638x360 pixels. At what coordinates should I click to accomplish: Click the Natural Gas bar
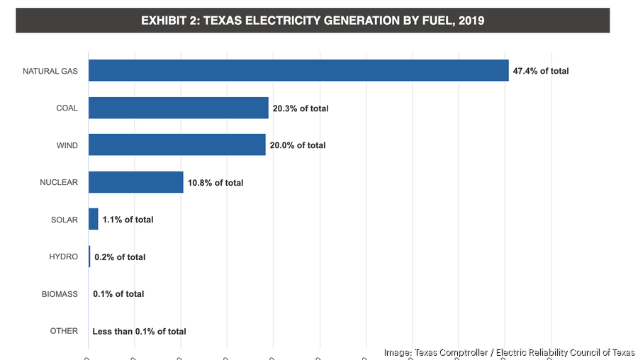(298, 71)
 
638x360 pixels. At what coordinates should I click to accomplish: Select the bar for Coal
(178, 108)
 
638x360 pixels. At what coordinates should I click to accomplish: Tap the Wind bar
(177, 145)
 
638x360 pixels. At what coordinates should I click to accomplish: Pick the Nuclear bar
(135, 183)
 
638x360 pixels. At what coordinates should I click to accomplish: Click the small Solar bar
(93, 220)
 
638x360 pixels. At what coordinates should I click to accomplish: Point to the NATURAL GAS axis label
(50, 71)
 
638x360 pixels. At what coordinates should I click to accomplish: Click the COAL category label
(67, 108)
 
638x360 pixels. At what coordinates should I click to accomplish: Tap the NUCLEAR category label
(58, 183)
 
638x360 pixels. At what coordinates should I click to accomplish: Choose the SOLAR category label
(64, 220)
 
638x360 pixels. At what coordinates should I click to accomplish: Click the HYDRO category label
(63, 257)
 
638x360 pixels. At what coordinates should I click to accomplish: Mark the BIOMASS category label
(60, 294)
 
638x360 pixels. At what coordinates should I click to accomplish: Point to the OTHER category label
(64, 331)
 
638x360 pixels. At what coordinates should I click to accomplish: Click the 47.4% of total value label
(541, 71)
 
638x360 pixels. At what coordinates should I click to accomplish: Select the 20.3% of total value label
(301, 108)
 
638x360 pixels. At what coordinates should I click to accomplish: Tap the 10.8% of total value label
(216, 183)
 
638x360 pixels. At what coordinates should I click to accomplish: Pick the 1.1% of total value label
(128, 220)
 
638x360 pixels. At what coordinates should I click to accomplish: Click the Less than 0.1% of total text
(139, 331)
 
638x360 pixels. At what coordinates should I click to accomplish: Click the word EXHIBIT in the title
(165, 21)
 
